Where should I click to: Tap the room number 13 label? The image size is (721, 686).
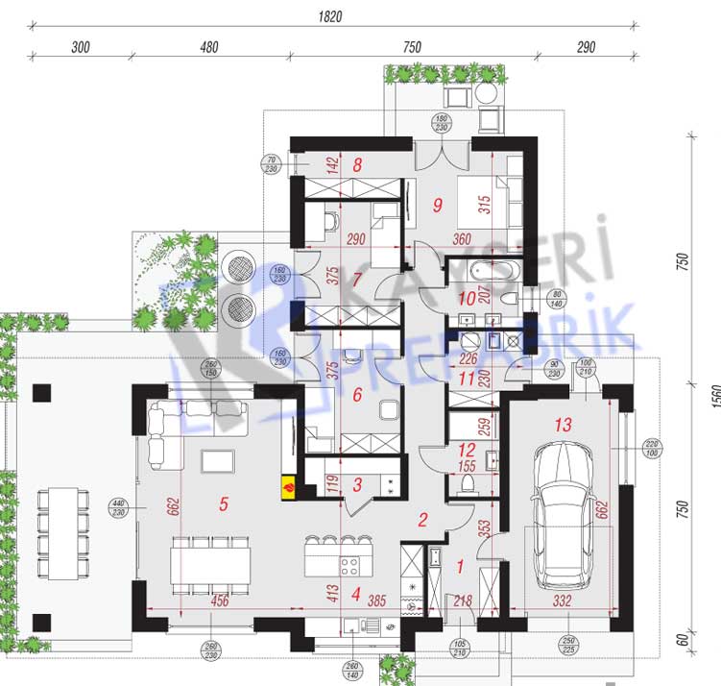(x=563, y=424)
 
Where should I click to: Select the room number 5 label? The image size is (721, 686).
(x=223, y=504)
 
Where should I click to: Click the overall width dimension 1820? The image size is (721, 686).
(x=328, y=16)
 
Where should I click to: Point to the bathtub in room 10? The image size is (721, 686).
(x=481, y=267)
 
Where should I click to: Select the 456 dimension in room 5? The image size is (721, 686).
(x=220, y=601)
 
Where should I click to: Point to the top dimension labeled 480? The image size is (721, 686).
(x=208, y=47)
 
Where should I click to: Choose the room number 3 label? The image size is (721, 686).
(x=358, y=486)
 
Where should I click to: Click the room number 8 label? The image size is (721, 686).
(x=357, y=164)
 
